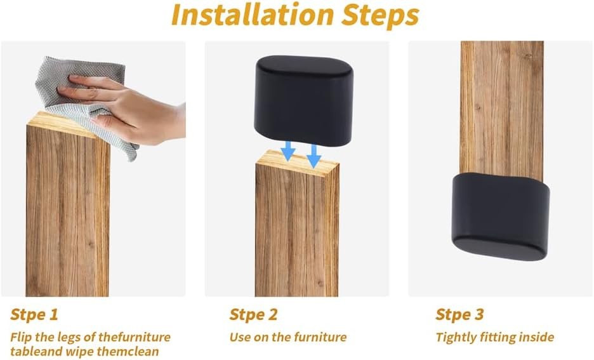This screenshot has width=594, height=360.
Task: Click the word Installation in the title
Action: click(253, 15)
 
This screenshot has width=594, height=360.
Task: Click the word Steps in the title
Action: click(380, 15)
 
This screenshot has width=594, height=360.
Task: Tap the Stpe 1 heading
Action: click(34, 315)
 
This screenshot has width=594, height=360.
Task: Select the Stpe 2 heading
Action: click(253, 315)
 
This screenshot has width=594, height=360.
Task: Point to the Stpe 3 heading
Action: click(459, 315)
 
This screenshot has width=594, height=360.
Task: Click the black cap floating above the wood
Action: click(303, 100)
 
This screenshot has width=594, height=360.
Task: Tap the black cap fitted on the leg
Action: click(501, 217)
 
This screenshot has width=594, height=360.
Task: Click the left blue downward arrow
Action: click(288, 151)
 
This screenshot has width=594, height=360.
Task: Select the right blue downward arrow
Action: click(313, 156)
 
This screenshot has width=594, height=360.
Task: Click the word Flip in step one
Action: click(21, 337)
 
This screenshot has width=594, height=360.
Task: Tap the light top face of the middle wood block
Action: click(298, 163)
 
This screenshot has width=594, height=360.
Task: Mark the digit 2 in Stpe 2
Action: click(272, 315)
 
